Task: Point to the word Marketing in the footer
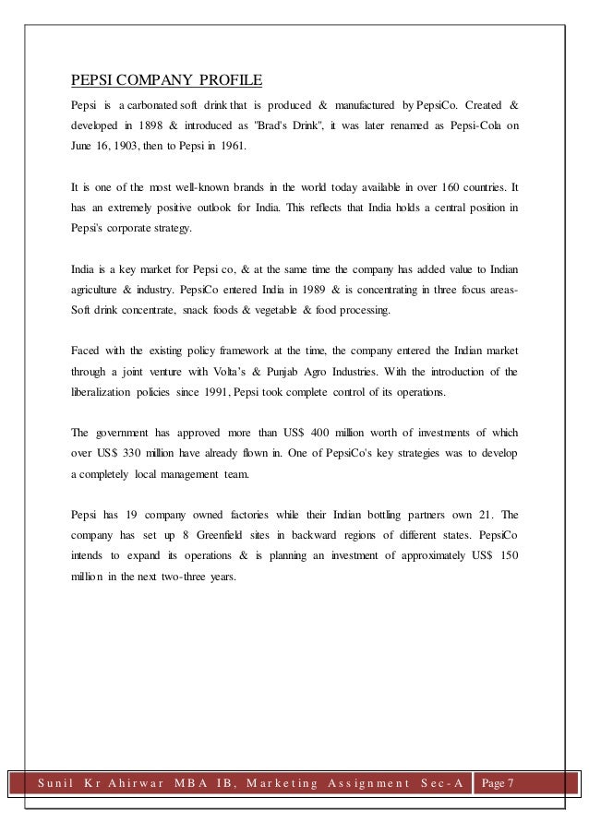pyautogui.click(x=275, y=783)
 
